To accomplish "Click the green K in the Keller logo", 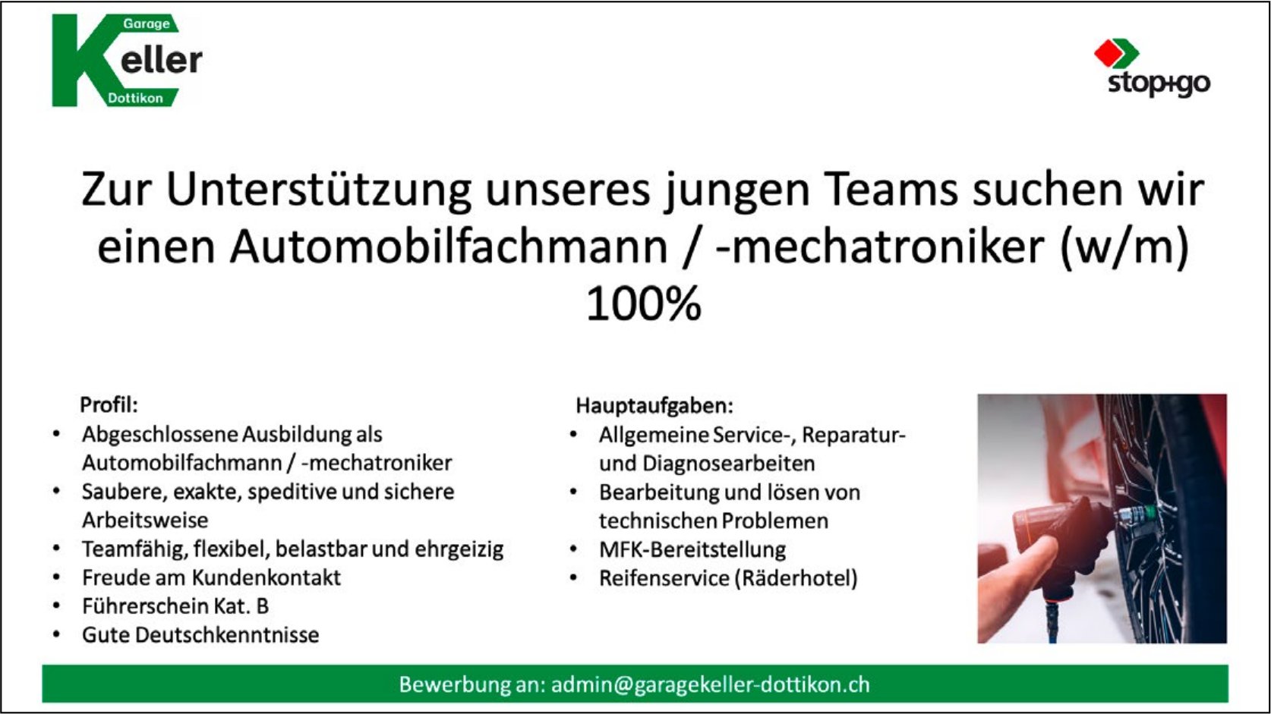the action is (x=80, y=60).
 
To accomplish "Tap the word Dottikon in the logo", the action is (x=135, y=98).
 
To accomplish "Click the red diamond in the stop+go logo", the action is (x=1109, y=53).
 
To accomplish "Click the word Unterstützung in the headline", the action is (x=318, y=190).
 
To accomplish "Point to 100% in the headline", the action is (x=643, y=304).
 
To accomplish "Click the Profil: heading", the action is (x=109, y=405).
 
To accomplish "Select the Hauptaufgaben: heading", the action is (x=654, y=405).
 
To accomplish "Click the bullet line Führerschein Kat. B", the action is (x=175, y=606).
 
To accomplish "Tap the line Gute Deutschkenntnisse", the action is (x=200, y=634).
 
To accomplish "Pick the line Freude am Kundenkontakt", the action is (x=211, y=577).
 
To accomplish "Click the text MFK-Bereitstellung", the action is (x=692, y=549).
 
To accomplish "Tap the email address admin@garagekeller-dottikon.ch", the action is (x=711, y=684).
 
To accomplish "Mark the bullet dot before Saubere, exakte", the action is (x=56, y=491).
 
